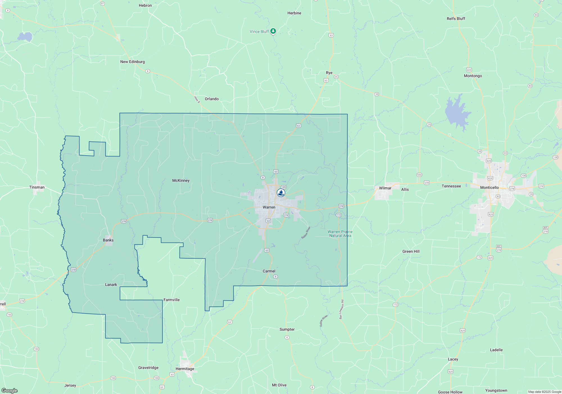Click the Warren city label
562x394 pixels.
(x=269, y=207)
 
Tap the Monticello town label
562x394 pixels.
(x=489, y=188)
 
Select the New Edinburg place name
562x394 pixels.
(x=132, y=62)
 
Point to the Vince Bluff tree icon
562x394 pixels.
(x=273, y=31)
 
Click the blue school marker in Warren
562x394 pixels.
(x=281, y=193)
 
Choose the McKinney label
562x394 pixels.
(x=181, y=181)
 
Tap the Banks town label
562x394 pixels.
(x=108, y=240)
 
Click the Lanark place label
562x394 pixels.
(x=111, y=285)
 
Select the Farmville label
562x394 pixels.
(x=171, y=300)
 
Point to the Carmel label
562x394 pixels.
(x=269, y=271)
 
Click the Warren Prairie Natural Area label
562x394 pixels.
(x=340, y=234)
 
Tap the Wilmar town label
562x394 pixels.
(x=385, y=188)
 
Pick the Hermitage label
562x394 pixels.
(x=185, y=369)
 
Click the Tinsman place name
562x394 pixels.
(x=37, y=187)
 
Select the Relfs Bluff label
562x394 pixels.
(x=456, y=19)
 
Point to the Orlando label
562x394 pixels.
(x=212, y=99)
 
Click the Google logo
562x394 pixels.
(x=10, y=391)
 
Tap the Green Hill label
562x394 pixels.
(x=411, y=252)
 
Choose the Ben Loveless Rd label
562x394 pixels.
(x=341, y=309)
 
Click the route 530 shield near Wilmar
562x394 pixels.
(x=419, y=175)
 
